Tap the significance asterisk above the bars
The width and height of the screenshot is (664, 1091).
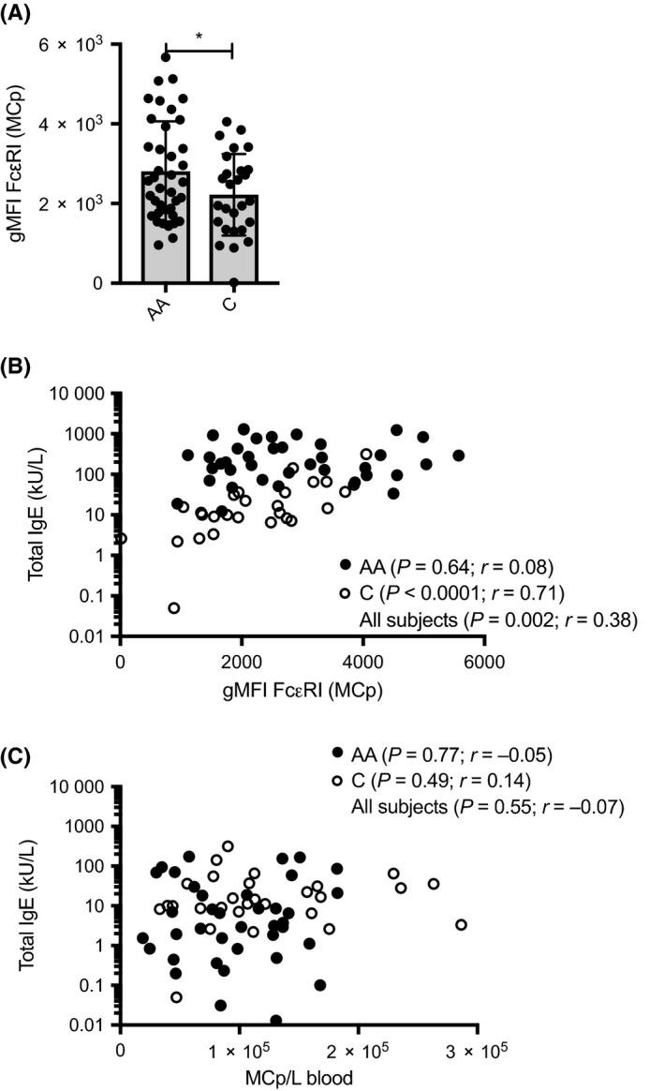[198, 37]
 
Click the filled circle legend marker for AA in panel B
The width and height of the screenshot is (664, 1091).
[346, 565]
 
